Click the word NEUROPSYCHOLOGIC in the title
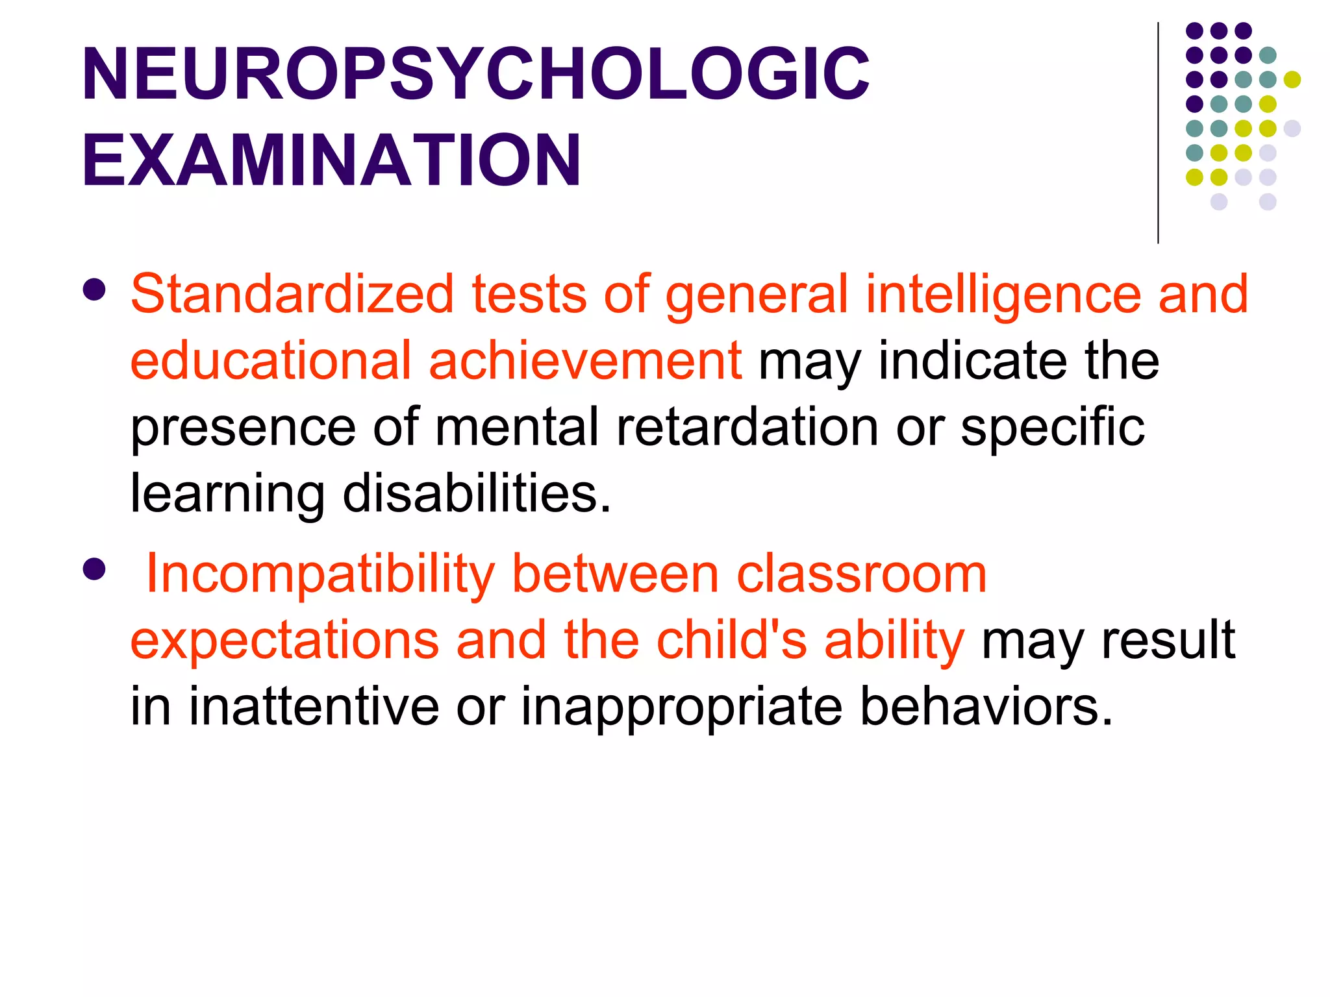tap(475, 75)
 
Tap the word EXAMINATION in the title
tap(331, 160)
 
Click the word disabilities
tap(477, 493)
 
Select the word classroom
tap(862, 574)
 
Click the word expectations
tap(284, 641)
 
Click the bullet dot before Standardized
tap(95, 290)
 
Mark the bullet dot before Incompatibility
tap(95, 569)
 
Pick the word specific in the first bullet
tap(1053, 428)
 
